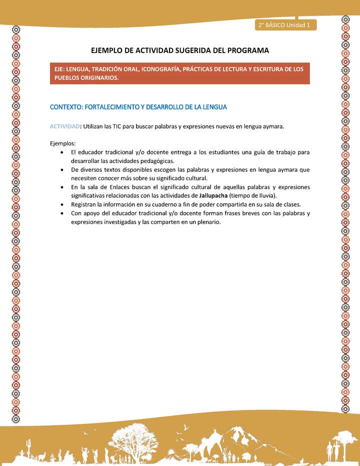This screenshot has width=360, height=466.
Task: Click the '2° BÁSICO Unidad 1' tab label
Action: tap(284, 25)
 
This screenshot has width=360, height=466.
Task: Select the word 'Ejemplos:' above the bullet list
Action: tap(62, 143)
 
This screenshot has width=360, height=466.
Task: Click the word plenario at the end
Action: tap(207, 222)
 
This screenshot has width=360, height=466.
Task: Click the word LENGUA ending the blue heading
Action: tap(214, 107)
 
